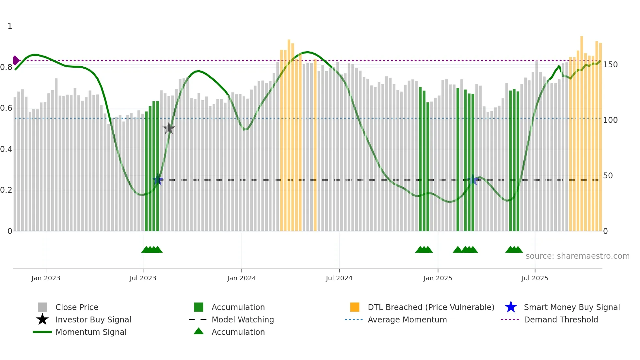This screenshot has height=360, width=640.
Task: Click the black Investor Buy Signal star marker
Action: (x=169, y=128)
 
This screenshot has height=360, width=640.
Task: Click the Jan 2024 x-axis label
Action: (x=241, y=278)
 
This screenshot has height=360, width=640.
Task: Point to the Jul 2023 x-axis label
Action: (x=143, y=278)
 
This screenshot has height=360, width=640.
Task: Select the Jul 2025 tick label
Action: (x=535, y=278)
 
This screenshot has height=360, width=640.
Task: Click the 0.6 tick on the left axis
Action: (x=6, y=108)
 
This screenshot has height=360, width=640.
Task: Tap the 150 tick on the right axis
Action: (x=610, y=65)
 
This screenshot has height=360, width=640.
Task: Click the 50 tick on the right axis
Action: (x=608, y=176)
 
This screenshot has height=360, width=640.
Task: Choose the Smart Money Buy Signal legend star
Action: (x=511, y=307)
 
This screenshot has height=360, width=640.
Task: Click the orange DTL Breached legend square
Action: (x=355, y=307)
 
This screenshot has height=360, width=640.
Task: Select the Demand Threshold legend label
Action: (x=561, y=319)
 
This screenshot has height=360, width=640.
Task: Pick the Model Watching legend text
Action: (x=243, y=319)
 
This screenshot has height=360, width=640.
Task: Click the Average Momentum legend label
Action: (x=407, y=319)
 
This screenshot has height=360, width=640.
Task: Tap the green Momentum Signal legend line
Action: (x=42, y=332)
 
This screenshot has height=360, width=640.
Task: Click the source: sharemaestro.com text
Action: (x=577, y=256)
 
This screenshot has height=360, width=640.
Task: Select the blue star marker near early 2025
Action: (x=472, y=179)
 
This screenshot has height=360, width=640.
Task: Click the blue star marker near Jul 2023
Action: (x=158, y=179)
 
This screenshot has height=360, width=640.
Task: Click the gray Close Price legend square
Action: (x=42, y=307)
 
